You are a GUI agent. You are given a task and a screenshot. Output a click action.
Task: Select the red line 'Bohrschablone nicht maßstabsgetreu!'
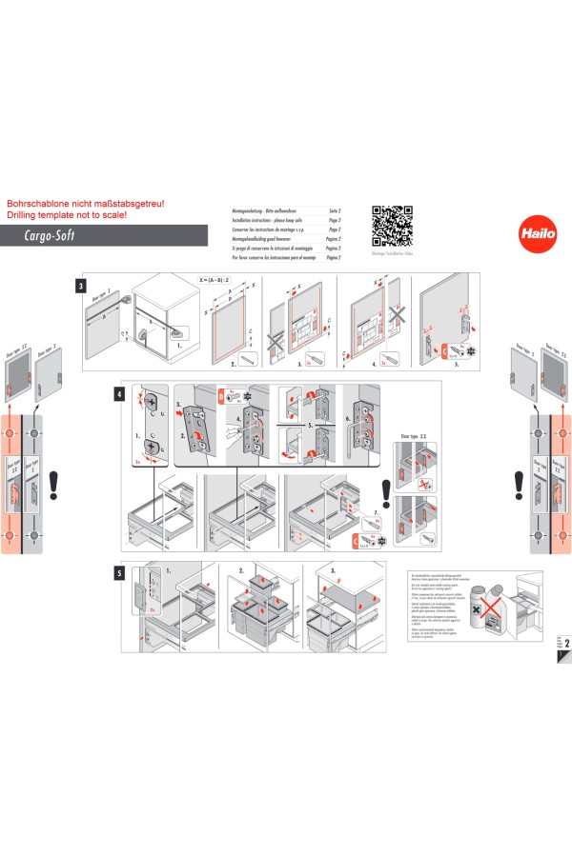[x=87, y=204]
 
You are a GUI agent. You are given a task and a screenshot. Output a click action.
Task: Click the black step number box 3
[x=83, y=285]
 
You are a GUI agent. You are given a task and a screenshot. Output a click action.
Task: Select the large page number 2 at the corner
[x=566, y=645]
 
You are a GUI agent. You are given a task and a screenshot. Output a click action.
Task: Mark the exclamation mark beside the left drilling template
[x=54, y=484]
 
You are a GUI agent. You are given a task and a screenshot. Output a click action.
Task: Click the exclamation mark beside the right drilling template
[x=518, y=484]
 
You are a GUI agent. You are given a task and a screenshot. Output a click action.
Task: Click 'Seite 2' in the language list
[x=334, y=209]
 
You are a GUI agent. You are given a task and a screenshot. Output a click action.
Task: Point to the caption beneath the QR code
[x=391, y=254]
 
